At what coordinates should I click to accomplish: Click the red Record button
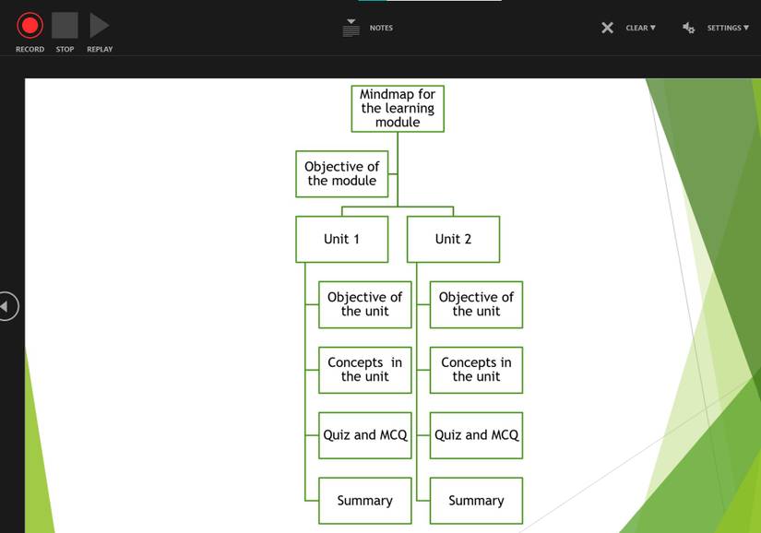pos(30,26)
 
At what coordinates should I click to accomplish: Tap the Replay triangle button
pos(99,26)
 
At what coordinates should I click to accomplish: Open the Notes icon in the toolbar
pos(351,28)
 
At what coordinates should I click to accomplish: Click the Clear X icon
pos(607,28)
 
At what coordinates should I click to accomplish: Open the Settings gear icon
pos(689,28)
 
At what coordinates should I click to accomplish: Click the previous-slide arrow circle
pos(7,306)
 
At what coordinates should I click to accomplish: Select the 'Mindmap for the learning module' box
pos(398,108)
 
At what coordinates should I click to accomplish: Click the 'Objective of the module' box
pos(341,173)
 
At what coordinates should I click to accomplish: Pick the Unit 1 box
pos(341,239)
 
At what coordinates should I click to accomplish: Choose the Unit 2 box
pos(453,239)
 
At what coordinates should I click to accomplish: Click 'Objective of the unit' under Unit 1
pos(364,304)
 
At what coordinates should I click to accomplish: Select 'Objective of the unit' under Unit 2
pos(476,304)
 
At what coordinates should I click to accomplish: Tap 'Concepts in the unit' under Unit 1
pos(364,370)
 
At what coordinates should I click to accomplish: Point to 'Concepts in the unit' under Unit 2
pos(476,370)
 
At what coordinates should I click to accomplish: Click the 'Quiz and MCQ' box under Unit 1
pos(364,435)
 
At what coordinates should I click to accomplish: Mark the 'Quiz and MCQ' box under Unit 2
pos(476,435)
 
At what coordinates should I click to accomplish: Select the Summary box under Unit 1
pos(364,501)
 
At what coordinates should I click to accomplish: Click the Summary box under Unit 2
pos(476,501)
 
